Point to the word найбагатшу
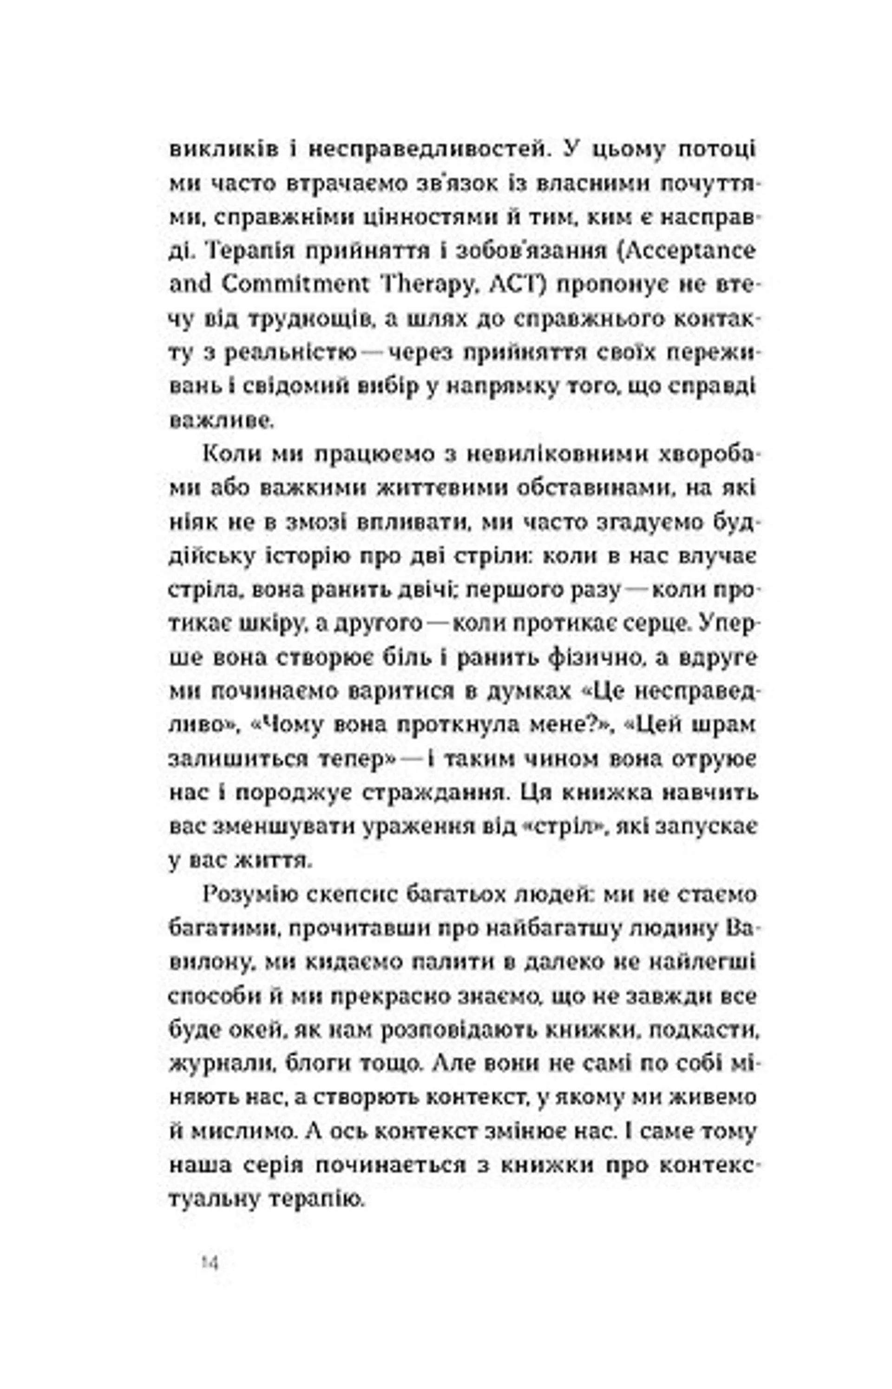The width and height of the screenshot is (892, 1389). pyautogui.click(x=538, y=928)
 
